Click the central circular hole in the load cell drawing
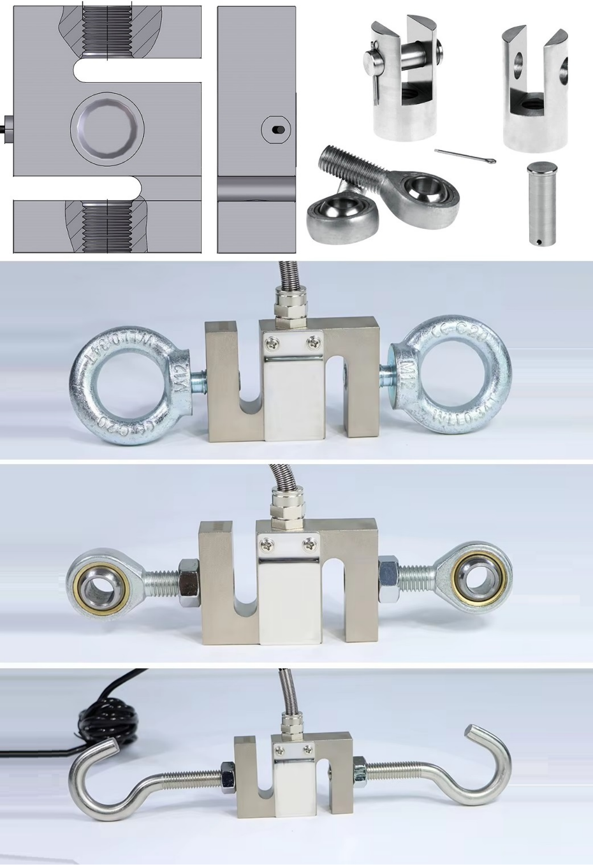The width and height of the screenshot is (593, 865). pyautogui.click(x=107, y=127)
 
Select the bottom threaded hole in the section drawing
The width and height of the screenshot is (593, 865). pyautogui.click(x=107, y=226)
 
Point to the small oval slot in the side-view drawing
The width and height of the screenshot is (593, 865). pyautogui.click(x=277, y=130)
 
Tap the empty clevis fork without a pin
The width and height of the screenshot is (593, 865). pyautogui.click(x=534, y=90)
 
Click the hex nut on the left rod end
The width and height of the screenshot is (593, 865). pyautogui.click(x=188, y=582)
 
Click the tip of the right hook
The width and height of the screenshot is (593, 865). pyautogui.click(x=471, y=731)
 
